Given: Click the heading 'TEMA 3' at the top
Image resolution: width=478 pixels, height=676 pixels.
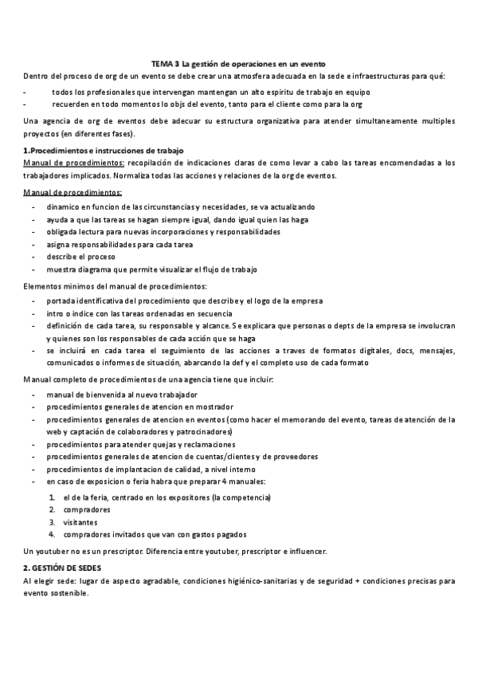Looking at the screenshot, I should tap(166, 63).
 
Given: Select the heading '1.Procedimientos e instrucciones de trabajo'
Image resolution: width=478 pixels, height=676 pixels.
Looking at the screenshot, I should tap(104, 150).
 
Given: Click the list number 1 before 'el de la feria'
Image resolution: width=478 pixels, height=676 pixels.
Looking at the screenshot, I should tap(52, 497).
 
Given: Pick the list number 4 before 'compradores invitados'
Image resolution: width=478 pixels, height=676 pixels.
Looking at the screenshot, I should tap(52, 534).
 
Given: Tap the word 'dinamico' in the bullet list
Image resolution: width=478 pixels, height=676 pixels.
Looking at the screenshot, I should tap(65, 206).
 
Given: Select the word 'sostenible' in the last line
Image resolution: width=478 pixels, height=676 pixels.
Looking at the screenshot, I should tap(71, 593).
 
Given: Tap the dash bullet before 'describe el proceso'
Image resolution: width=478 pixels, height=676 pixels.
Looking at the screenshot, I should tap(33, 257).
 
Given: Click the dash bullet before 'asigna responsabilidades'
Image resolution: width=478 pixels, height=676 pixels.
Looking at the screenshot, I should tap(33, 244).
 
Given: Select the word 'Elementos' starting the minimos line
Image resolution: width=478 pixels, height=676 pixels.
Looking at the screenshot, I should tap(45, 285).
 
